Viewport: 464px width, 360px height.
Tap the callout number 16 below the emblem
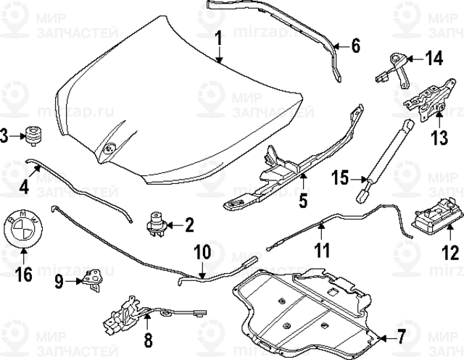[24, 275]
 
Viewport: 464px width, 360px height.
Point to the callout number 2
[189, 225]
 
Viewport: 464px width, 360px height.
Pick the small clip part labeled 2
[155, 222]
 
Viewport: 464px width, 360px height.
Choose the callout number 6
[356, 46]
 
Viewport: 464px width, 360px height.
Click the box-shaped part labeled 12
[434, 217]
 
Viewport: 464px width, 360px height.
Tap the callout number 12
[449, 253]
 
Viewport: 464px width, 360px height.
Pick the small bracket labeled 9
[91, 279]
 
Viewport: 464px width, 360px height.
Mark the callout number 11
[321, 251]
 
